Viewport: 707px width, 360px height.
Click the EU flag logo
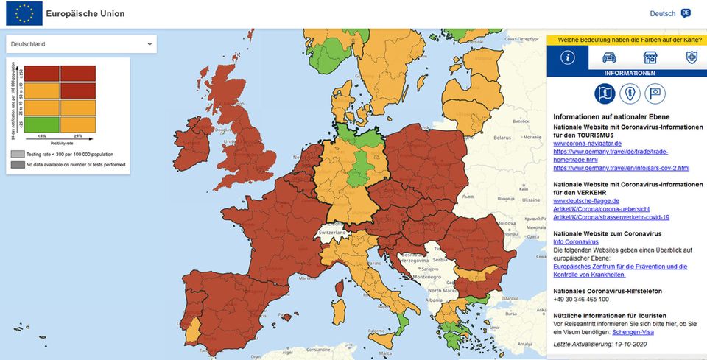pyautogui.click(x=23, y=13)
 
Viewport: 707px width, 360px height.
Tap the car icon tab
pyautogui.click(x=609, y=57)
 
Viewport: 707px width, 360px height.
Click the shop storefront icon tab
pyautogui.click(x=650, y=57)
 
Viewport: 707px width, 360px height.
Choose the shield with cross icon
pyautogui.click(x=692, y=57)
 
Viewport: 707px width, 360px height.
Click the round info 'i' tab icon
pyautogui.click(x=568, y=57)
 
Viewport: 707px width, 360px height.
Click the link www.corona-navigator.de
pyautogui.click(x=588, y=143)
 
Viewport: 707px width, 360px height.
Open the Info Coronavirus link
pyautogui.click(x=576, y=241)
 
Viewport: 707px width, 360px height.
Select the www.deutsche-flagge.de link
pyautogui.click(x=586, y=200)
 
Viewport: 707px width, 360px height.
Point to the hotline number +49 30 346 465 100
pyautogui.click(x=581, y=300)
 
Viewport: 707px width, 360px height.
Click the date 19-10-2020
pyautogui.click(x=626, y=345)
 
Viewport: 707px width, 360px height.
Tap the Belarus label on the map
pyautogui.click(x=504, y=137)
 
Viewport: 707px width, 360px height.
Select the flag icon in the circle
pyautogui.click(x=655, y=93)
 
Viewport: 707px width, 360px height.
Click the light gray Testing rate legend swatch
pyautogui.click(x=17, y=154)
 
